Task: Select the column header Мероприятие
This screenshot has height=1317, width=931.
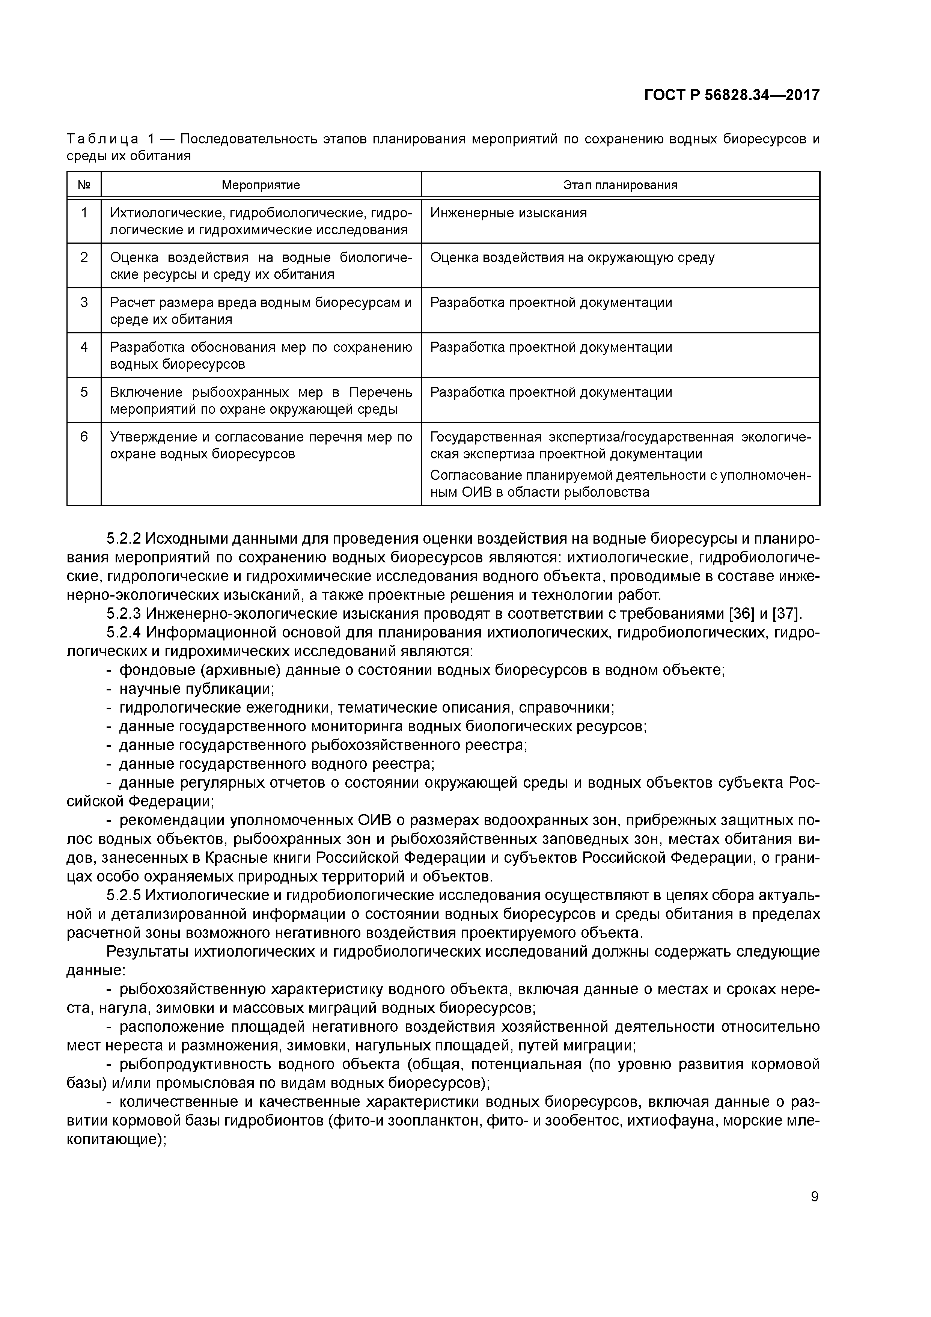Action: pos(261,185)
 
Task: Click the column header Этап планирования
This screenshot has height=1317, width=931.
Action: pos(620,185)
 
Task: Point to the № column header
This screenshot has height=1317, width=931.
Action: pos(84,185)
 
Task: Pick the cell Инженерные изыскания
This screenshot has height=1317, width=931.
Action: pos(508,213)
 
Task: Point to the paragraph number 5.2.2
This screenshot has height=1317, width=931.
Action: pos(124,539)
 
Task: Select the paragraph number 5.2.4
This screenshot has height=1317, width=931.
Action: pos(124,633)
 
